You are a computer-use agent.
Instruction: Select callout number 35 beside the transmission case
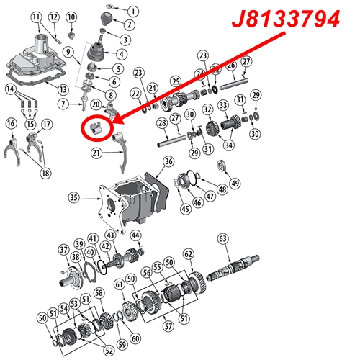tap(73, 196)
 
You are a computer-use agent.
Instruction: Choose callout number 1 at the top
tap(132, 10)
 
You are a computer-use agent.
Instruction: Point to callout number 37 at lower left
tap(63, 249)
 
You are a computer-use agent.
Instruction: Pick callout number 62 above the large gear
tap(189, 254)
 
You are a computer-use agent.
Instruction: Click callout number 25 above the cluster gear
tap(175, 80)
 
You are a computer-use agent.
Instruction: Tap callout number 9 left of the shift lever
tap(68, 51)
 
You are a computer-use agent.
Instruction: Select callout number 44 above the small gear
tap(136, 235)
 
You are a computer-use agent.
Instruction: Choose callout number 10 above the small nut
tap(71, 17)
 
